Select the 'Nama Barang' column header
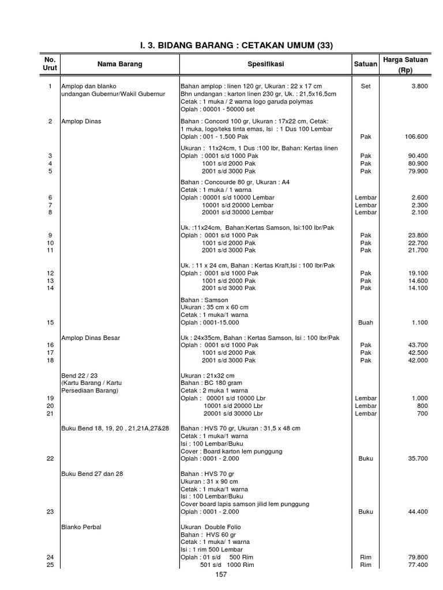click(119, 64)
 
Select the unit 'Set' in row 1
click(366, 86)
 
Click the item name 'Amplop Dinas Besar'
click(91, 337)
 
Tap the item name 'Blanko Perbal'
click(81, 527)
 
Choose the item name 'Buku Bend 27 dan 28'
click(92, 474)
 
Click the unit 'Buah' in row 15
click(366, 323)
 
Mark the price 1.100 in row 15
click(419, 323)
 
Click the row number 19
click(50, 398)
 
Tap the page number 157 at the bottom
click(221, 574)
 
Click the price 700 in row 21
click(422, 413)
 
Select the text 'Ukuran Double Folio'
click(211, 527)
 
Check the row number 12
click(50, 273)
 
